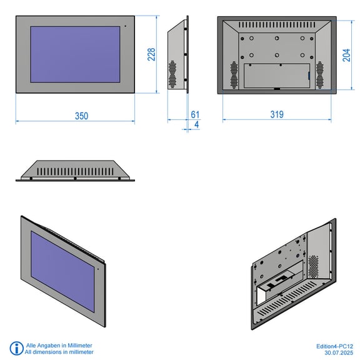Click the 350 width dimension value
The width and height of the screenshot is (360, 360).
coord(81,116)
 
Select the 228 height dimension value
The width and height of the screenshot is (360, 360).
coord(151,54)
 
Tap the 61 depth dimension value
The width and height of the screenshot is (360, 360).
coord(195,114)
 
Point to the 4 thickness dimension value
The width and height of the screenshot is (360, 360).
coord(196,124)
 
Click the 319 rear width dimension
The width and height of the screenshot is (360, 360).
coord(277,114)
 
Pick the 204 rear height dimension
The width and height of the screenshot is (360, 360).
coord(346,55)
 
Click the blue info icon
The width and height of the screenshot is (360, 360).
coord(16,348)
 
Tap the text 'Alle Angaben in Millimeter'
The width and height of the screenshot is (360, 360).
coord(59,345)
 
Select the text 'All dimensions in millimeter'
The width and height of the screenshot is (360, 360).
coord(59,352)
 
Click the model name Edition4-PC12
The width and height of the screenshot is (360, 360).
coord(334,346)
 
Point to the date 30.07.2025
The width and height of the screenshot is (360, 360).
coord(339,352)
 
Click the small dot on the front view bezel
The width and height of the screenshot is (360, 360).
coord(126,26)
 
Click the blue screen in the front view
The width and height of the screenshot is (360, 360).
coord(75,54)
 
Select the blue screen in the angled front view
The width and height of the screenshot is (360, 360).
coord(62,271)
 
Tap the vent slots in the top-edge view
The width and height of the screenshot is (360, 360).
coord(75,171)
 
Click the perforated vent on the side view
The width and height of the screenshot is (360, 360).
coord(172,74)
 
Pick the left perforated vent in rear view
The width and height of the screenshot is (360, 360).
coord(234,75)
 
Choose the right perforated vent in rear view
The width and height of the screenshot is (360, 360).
coord(319,75)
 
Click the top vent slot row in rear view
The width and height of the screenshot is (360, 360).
coord(277,24)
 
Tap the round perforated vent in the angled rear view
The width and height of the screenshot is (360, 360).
coord(313,266)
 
